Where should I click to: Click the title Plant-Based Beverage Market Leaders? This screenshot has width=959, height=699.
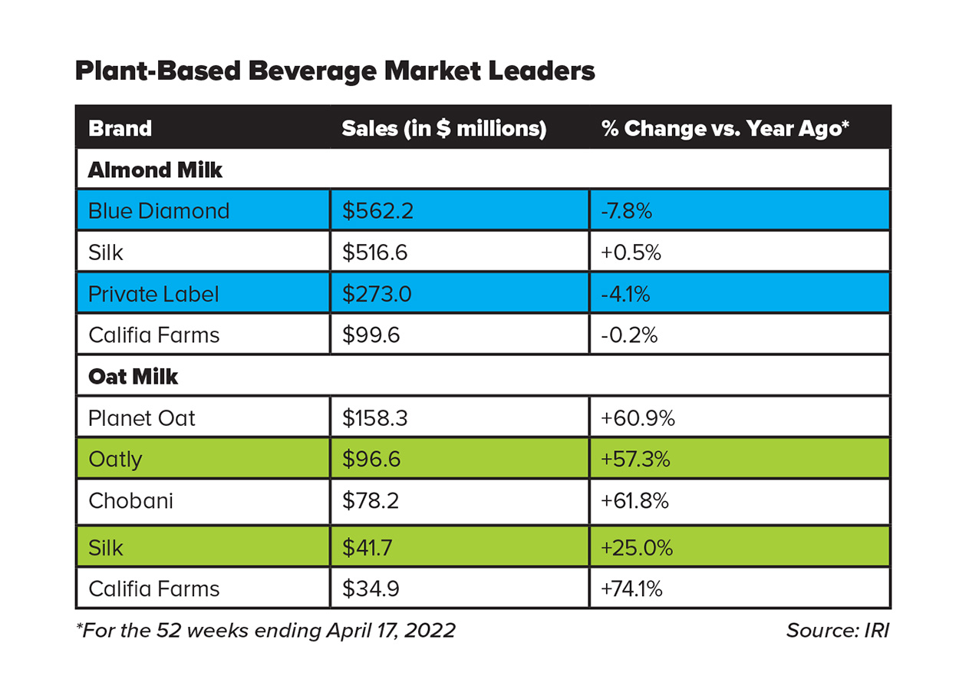[x=334, y=71]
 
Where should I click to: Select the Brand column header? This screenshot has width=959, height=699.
[x=120, y=128]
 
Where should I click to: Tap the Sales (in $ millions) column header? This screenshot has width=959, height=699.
[x=443, y=128]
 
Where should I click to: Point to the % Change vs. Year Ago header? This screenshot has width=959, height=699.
[x=725, y=128]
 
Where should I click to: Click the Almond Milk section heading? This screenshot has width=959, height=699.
[x=155, y=170]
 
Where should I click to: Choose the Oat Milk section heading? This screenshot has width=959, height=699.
[x=133, y=377]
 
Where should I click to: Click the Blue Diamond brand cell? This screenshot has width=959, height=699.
[x=159, y=211]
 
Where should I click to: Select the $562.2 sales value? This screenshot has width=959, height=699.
[x=377, y=211]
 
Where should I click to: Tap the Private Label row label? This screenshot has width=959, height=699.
[x=153, y=294]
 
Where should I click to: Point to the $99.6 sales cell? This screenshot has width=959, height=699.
[x=371, y=335]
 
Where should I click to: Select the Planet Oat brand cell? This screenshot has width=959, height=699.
[x=142, y=418]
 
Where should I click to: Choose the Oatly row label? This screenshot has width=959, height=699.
[x=115, y=460]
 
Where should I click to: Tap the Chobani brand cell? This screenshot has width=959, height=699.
[x=130, y=501]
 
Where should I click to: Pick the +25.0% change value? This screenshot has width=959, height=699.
[x=637, y=548]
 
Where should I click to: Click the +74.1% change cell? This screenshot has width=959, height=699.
[x=632, y=589]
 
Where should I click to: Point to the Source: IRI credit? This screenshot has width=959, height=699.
[x=838, y=631]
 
